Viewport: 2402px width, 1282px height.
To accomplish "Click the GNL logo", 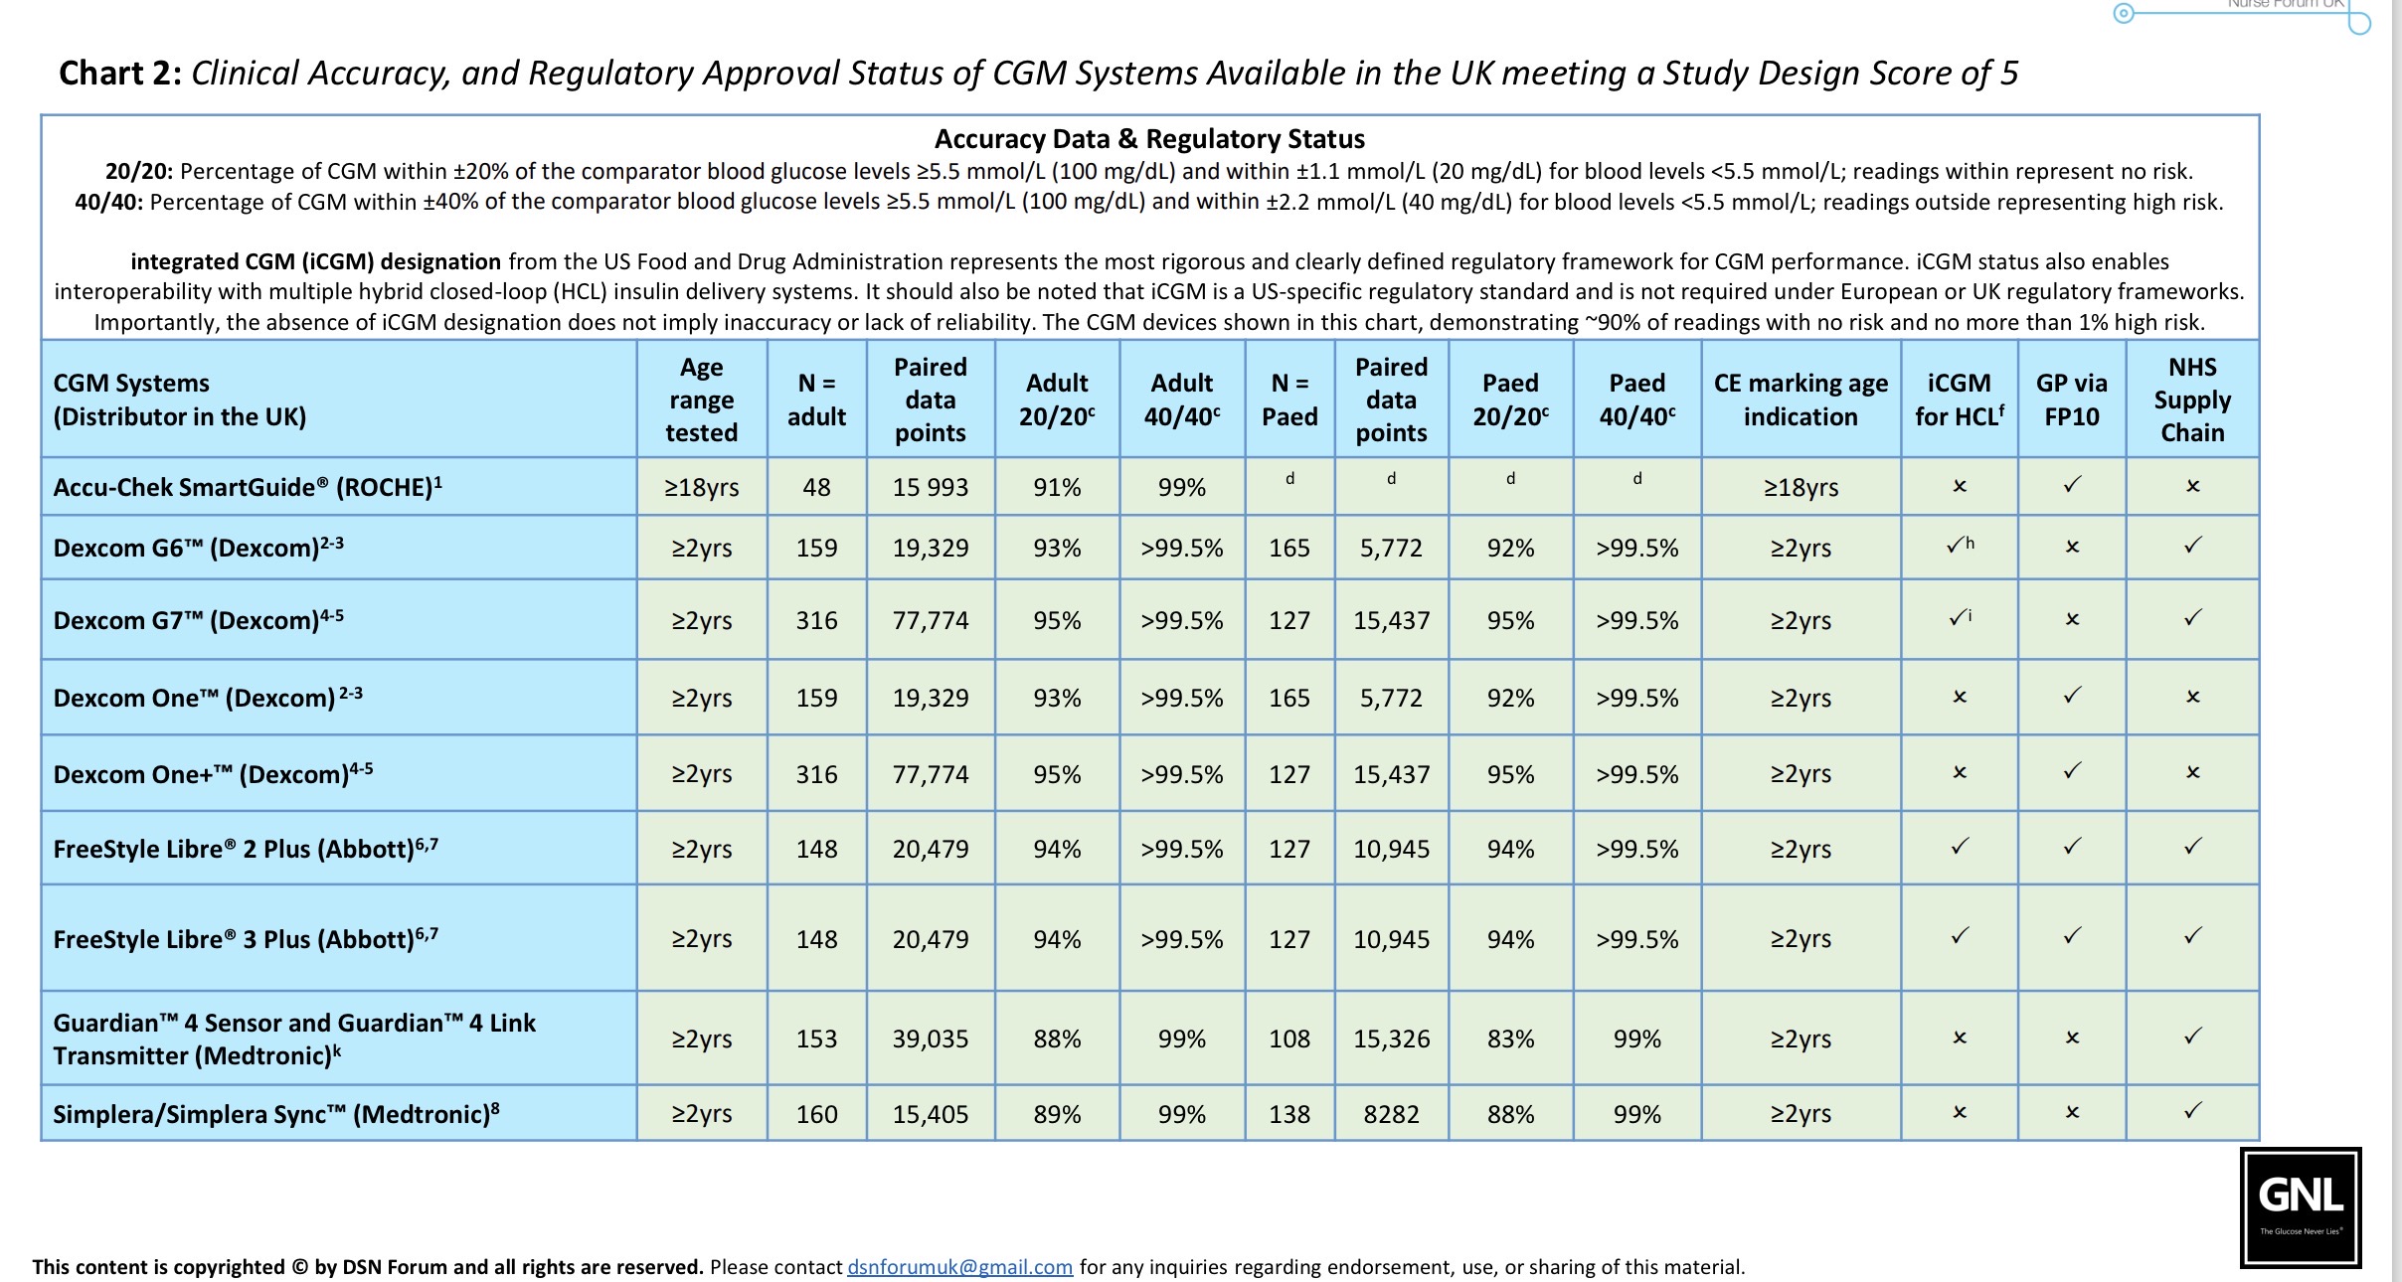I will pyautogui.click(x=2300, y=1207).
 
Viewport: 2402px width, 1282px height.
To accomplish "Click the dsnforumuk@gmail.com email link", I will pyautogui.click(x=959, y=1267).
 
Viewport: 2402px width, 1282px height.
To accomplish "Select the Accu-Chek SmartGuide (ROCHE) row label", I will pyautogui.click(x=248, y=487).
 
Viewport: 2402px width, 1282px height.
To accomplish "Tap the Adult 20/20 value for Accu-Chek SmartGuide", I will pyautogui.click(x=1057, y=487).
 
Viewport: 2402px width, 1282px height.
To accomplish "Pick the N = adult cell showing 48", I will pyautogui.click(x=816, y=487).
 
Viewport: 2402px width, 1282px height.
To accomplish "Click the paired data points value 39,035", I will pyautogui.click(x=930, y=1039).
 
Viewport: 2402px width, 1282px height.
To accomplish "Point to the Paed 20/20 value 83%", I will pyautogui.click(x=1510, y=1039).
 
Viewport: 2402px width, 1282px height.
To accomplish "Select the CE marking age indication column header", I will pyautogui.click(x=1801, y=400).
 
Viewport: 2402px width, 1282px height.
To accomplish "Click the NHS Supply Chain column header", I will pyautogui.click(x=2192, y=400).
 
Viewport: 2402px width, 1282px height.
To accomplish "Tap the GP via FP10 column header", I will pyautogui.click(x=2072, y=400).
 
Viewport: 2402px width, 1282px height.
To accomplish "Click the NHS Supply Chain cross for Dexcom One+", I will pyautogui.click(x=2192, y=772).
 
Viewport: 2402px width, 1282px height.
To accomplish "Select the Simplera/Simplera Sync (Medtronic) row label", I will pyautogui.click(x=275, y=1114).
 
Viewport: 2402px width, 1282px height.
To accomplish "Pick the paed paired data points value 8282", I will pyautogui.click(x=1391, y=1114).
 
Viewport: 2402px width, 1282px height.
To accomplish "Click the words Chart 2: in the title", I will pyautogui.click(x=120, y=74).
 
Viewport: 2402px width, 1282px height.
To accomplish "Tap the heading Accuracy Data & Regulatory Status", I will pyautogui.click(x=1149, y=139).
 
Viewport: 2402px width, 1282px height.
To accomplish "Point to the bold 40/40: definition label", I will pyautogui.click(x=108, y=203).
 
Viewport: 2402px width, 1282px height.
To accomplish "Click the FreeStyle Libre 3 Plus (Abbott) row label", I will pyautogui.click(x=246, y=939).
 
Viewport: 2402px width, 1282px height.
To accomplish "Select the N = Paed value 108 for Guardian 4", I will pyautogui.click(x=1289, y=1039).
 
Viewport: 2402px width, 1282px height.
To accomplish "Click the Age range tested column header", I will pyautogui.click(x=701, y=400).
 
